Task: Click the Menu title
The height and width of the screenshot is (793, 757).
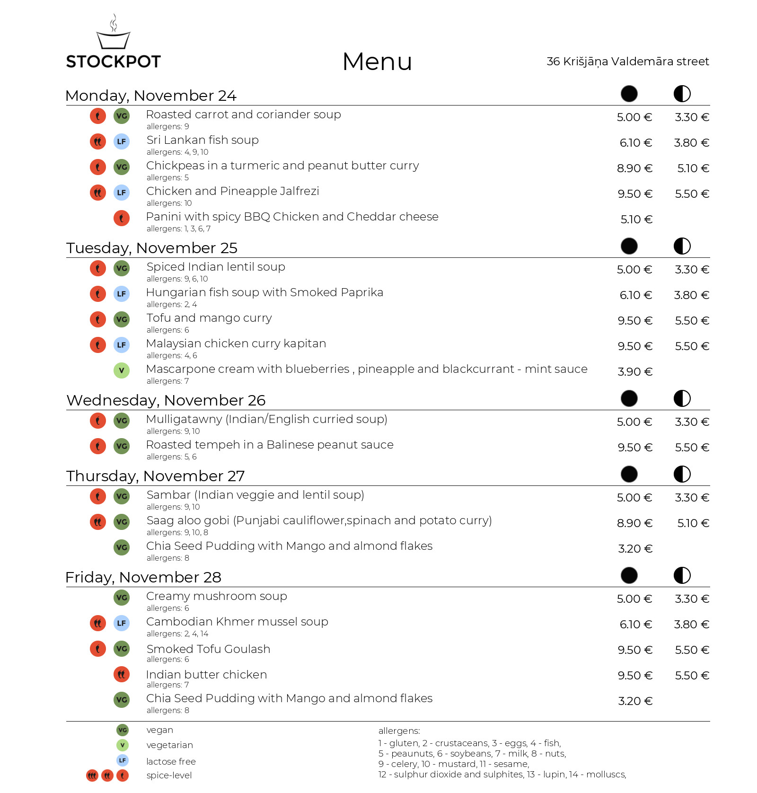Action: click(x=377, y=62)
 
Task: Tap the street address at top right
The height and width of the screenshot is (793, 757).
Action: click(x=627, y=62)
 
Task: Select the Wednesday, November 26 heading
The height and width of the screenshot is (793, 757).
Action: click(x=166, y=400)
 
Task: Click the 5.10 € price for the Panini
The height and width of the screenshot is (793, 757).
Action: click(x=636, y=220)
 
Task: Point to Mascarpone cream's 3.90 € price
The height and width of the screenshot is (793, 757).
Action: click(x=635, y=372)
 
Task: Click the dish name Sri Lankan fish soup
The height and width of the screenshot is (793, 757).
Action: click(x=202, y=140)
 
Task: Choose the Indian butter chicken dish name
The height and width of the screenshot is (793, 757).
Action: click(x=206, y=675)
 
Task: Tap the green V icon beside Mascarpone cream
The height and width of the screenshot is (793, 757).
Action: click(x=122, y=370)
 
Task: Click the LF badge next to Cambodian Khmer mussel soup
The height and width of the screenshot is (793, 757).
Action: click(x=122, y=623)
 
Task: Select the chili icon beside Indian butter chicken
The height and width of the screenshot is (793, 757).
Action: click(x=122, y=674)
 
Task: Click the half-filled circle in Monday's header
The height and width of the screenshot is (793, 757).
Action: click(x=682, y=94)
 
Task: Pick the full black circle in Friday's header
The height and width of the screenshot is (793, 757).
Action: click(x=629, y=575)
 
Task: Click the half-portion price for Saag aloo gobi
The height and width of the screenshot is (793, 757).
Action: click(x=693, y=523)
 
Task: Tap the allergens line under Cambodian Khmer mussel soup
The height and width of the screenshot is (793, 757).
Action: click(x=177, y=634)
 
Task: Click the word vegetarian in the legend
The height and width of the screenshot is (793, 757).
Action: click(x=169, y=745)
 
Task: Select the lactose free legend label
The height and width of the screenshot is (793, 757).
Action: click(x=171, y=761)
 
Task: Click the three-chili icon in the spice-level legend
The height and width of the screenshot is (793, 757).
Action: click(x=92, y=775)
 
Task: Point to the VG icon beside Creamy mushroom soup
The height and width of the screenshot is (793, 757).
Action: click(x=122, y=598)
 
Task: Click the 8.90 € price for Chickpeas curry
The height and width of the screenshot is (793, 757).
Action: click(x=634, y=168)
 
